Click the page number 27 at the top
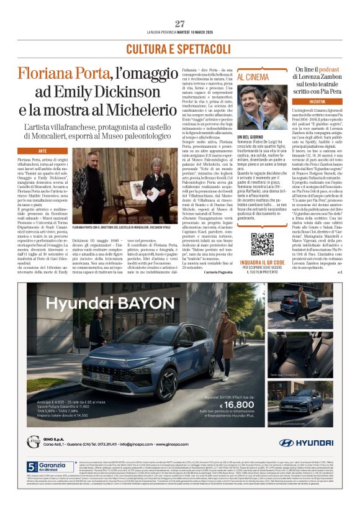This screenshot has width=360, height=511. pos(180,24)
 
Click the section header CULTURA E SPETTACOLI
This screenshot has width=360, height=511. pos(179,48)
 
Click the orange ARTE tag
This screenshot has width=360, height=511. pos(43,151)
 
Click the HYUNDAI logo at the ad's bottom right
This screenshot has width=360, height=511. pos(307,443)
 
